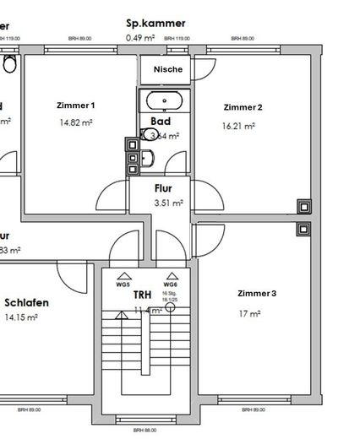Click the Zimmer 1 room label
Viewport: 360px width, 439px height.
[x=74, y=106]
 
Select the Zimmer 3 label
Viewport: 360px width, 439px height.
[x=256, y=294]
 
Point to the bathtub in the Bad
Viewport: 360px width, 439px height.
[x=166, y=101]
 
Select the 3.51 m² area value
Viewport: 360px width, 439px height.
[x=168, y=203]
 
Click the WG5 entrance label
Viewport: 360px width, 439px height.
[x=123, y=285]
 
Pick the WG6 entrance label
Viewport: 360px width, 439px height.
[x=170, y=285]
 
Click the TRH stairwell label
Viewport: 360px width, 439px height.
[x=143, y=295]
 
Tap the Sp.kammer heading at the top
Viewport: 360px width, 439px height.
[x=155, y=24]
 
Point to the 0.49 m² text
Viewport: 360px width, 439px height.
[x=141, y=38]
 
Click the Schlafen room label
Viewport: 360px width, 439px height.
[x=26, y=303]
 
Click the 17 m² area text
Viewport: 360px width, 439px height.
[x=249, y=313]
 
